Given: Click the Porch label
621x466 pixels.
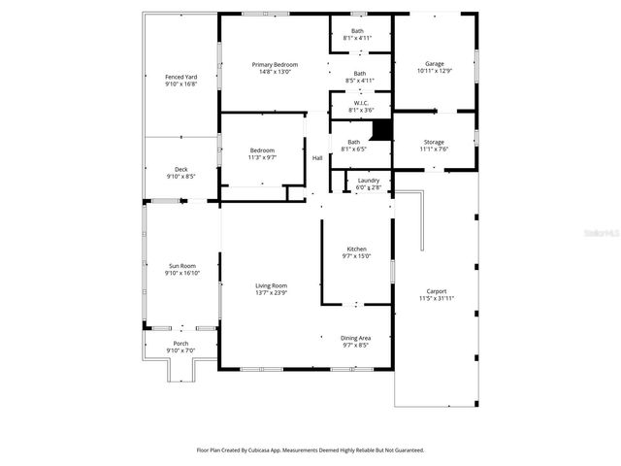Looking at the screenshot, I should [x=181, y=346].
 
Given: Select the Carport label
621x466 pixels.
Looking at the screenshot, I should [x=436, y=294].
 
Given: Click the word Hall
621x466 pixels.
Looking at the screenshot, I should [x=317, y=158].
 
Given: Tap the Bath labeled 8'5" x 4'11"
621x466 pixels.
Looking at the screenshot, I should [x=359, y=77].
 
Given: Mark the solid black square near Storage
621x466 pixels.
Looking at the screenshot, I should [x=382, y=129].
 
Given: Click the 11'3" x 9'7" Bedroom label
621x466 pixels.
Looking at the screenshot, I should [x=262, y=153].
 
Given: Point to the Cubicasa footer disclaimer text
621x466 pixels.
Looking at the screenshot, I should [x=310, y=449].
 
